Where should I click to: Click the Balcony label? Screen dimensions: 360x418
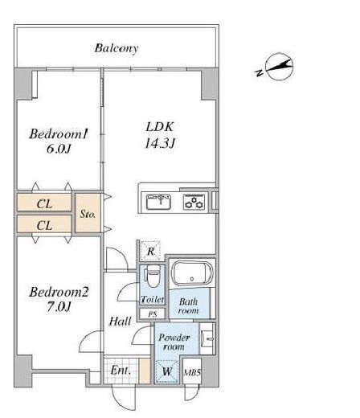tap(117, 48)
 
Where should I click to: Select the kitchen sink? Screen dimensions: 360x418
tap(158, 202)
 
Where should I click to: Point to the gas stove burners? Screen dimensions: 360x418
tap(194, 202)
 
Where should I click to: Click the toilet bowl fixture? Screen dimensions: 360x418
tap(153, 276)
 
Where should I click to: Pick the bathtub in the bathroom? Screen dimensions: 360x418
tap(192, 274)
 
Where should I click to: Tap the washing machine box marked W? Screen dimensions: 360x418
tap(167, 371)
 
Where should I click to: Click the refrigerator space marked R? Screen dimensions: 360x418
tap(150, 251)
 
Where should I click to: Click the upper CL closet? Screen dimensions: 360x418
tap(44, 203)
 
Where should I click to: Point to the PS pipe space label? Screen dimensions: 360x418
tap(153, 313)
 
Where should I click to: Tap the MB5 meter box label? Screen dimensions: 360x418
tap(192, 372)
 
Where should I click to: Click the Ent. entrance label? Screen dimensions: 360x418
tap(121, 371)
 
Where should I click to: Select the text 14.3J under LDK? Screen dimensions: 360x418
tap(160, 143)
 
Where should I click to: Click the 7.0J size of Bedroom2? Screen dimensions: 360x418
tap(59, 306)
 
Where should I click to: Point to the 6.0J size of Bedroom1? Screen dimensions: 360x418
tap(59, 149)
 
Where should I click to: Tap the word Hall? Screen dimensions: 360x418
tap(120, 321)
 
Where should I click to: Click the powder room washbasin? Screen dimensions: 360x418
tap(208, 338)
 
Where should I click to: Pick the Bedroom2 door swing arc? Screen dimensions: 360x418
tap(86, 338)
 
